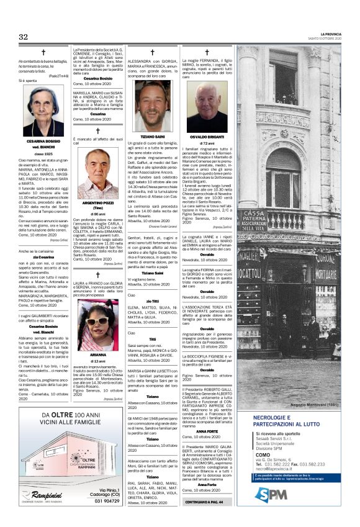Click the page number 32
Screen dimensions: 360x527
[x=23, y=37]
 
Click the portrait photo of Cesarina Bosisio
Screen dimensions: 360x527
[x=43, y=112]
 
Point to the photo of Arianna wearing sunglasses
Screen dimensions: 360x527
[x=97, y=326]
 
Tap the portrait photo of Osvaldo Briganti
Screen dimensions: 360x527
[x=207, y=107]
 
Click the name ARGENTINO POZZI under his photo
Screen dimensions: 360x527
[x=97, y=203]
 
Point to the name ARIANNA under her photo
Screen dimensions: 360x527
[x=97, y=355]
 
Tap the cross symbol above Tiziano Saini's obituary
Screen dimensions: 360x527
[x=152, y=53]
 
